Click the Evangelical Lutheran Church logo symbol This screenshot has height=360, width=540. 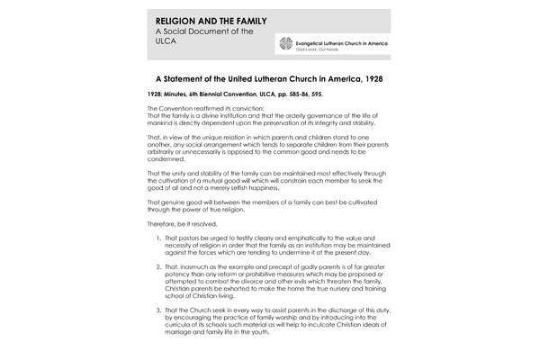pyautogui.click(x=286, y=44)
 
